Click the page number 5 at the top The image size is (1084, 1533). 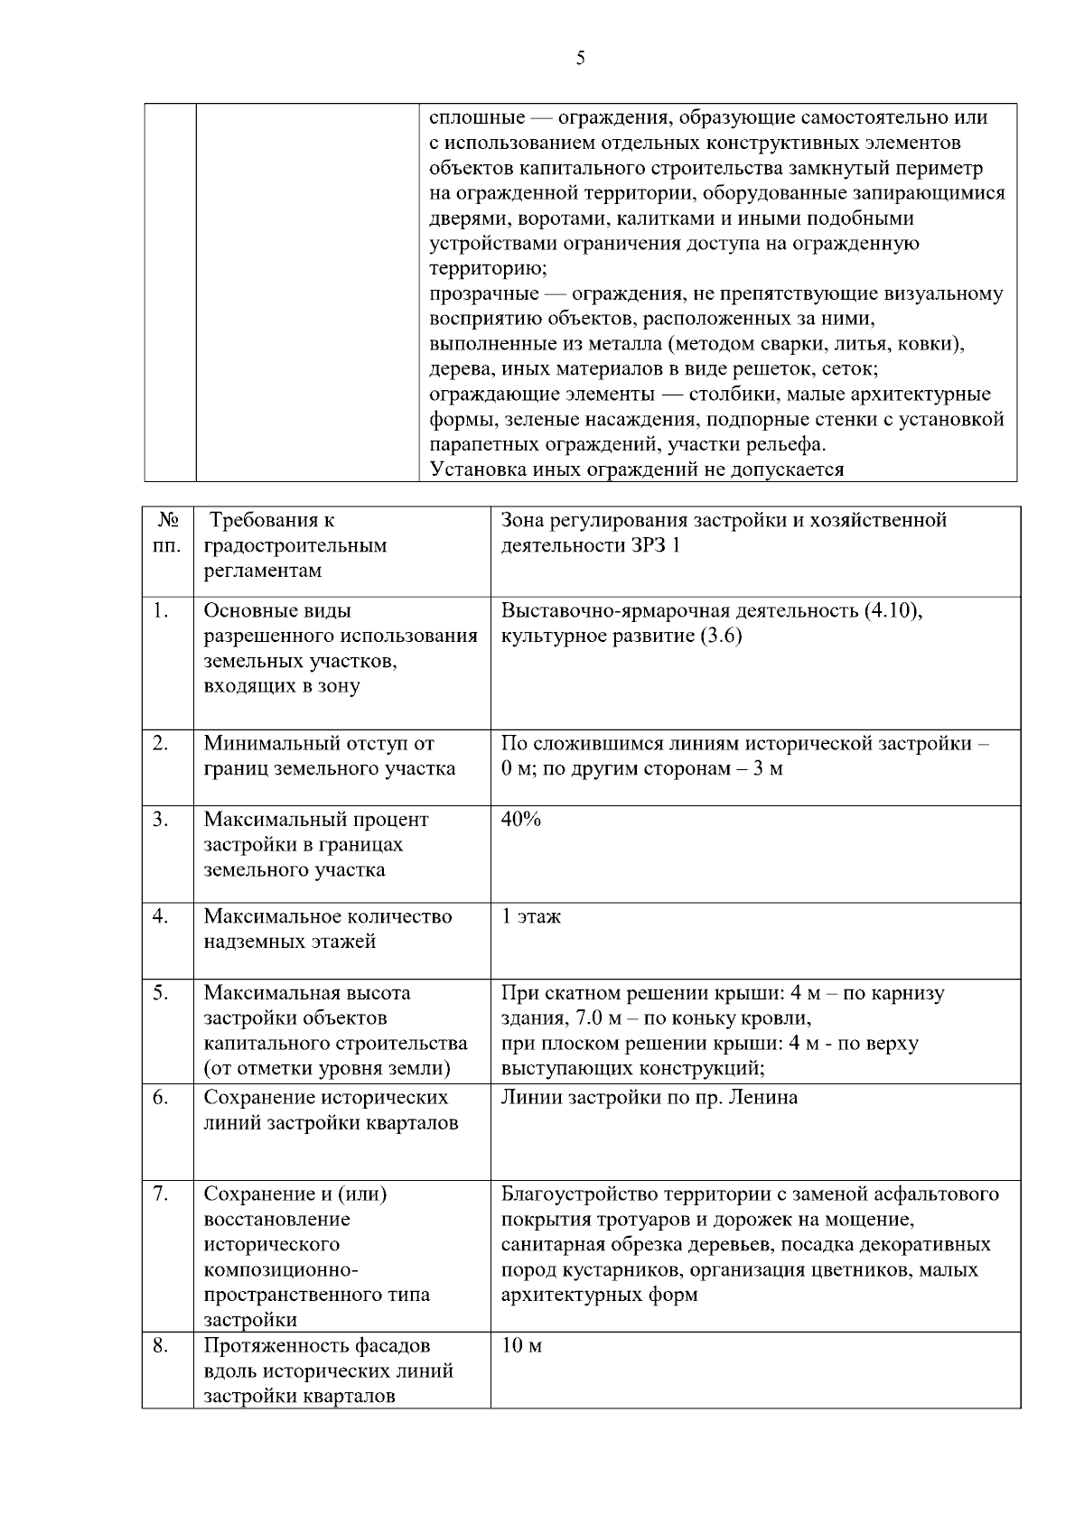580,59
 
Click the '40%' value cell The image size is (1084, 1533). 521,820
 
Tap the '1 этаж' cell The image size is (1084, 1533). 531,916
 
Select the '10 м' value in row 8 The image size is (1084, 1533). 521,1346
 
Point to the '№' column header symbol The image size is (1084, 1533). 168,521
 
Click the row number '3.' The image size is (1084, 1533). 161,820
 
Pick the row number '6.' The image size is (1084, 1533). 161,1098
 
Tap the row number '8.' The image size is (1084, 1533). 161,1346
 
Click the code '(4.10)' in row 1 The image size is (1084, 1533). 893,611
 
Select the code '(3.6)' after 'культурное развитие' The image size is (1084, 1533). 720,636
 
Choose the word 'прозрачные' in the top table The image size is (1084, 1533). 484,294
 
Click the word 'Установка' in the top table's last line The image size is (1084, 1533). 475,469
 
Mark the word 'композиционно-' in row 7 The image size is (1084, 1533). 281,1270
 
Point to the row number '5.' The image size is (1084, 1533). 161,993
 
